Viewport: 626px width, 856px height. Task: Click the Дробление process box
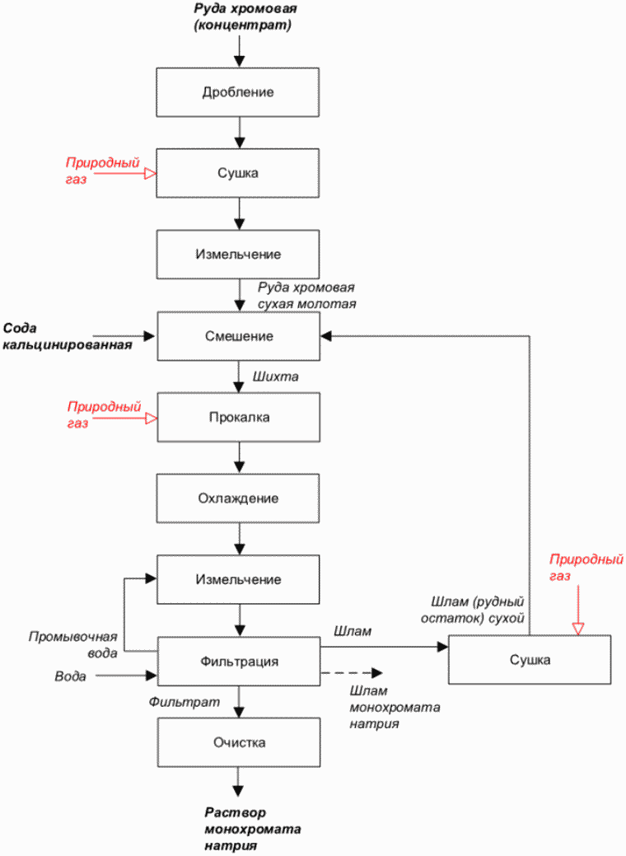pyautogui.click(x=237, y=92)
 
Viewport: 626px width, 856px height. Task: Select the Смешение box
pyautogui.click(x=239, y=336)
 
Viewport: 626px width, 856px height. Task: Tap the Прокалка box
pyautogui.click(x=239, y=418)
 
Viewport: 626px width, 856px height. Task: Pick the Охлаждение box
pyautogui.click(x=238, y=498)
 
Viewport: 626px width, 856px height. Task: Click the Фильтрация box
pyautogui.click(x=239, y=661)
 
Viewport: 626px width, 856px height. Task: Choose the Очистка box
pyautogui.click(x=239, y=742)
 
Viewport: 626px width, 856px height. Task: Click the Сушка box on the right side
pyautogui.click(x=530, y=659)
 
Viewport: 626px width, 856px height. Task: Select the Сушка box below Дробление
pyautogui.click(x=237, y=173)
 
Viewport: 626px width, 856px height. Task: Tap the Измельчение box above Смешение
pyautogui.click(x=238, y=255)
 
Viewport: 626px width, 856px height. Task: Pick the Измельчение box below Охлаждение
pyautogui.click(x=238, y=580)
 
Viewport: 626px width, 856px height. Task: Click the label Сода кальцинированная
pyautogui.click(x=67, y=336)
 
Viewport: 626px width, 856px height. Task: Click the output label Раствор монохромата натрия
pyautogui.click(x=253, y=830)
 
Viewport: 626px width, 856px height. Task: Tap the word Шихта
pyautogui.click(x=276, y=377)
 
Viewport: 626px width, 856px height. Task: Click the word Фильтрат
pyautogui.click(x=185, y=702)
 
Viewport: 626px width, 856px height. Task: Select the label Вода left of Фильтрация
pyautogui.click(x=70, y=676)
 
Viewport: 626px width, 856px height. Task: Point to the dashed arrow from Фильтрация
pyautogui.click(x=352, y=673)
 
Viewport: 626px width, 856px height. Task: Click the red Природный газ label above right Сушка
pyautogui.click(x=586, y=568)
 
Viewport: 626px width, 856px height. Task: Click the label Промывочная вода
pyautogui.click(x=73, y=645)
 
